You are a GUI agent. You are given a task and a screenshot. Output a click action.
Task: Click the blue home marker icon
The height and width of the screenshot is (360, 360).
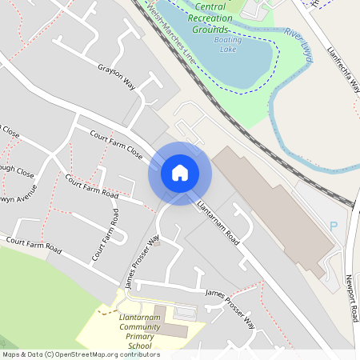point(179,173)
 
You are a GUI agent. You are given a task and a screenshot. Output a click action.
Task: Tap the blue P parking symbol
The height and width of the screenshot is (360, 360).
point(334,227)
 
